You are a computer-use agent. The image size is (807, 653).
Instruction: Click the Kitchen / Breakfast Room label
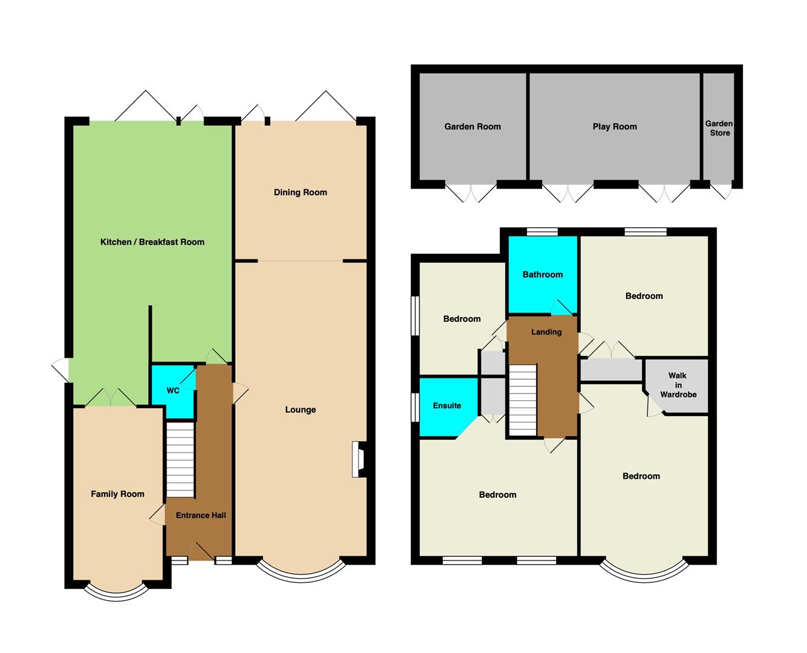pyautogui.click(x=152, y=242)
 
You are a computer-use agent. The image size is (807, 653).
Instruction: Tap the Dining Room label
pyautogui.click(x=300, y=192)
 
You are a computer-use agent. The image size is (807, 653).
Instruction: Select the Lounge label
pyautogui.click(x=300, y=410)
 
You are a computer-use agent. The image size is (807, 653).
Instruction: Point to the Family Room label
pyautogui.click(x=117, y=494)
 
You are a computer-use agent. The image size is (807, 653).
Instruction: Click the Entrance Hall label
pyautogui.click(x=201, y=515)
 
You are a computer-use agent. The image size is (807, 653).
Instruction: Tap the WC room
pyautogui.click(x=173, y=391)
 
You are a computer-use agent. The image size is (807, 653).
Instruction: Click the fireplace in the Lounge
pyautogui.click(x=358, y=459)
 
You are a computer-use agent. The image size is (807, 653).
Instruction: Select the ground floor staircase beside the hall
pyautogui.click(x=180, y=460)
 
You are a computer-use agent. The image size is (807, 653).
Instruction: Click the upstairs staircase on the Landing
pyautogui.click(x=522, y=400)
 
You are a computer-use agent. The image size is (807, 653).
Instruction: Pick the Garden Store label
pyautogui.click(x=719, y=128)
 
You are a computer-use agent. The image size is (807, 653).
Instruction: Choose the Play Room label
pyautogui.click(x=615, y=126)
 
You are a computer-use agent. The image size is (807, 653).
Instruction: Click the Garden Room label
pyautogui.click(x=473, y=126)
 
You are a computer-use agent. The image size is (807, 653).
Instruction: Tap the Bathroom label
pyautogui.click(x=543, y=275)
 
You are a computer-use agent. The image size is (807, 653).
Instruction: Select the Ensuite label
pyautogui.click(x=447, y=406)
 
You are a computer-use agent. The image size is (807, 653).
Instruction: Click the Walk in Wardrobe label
pyautogui.click(x=678, y=385)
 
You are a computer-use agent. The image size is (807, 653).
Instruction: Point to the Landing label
pyautogui.click(x=546, y=332)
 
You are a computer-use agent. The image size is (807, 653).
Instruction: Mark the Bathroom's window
pyautogui.click(x=542, y=232)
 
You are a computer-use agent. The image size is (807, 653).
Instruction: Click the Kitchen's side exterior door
pyautogui.click(x=60, y=369)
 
